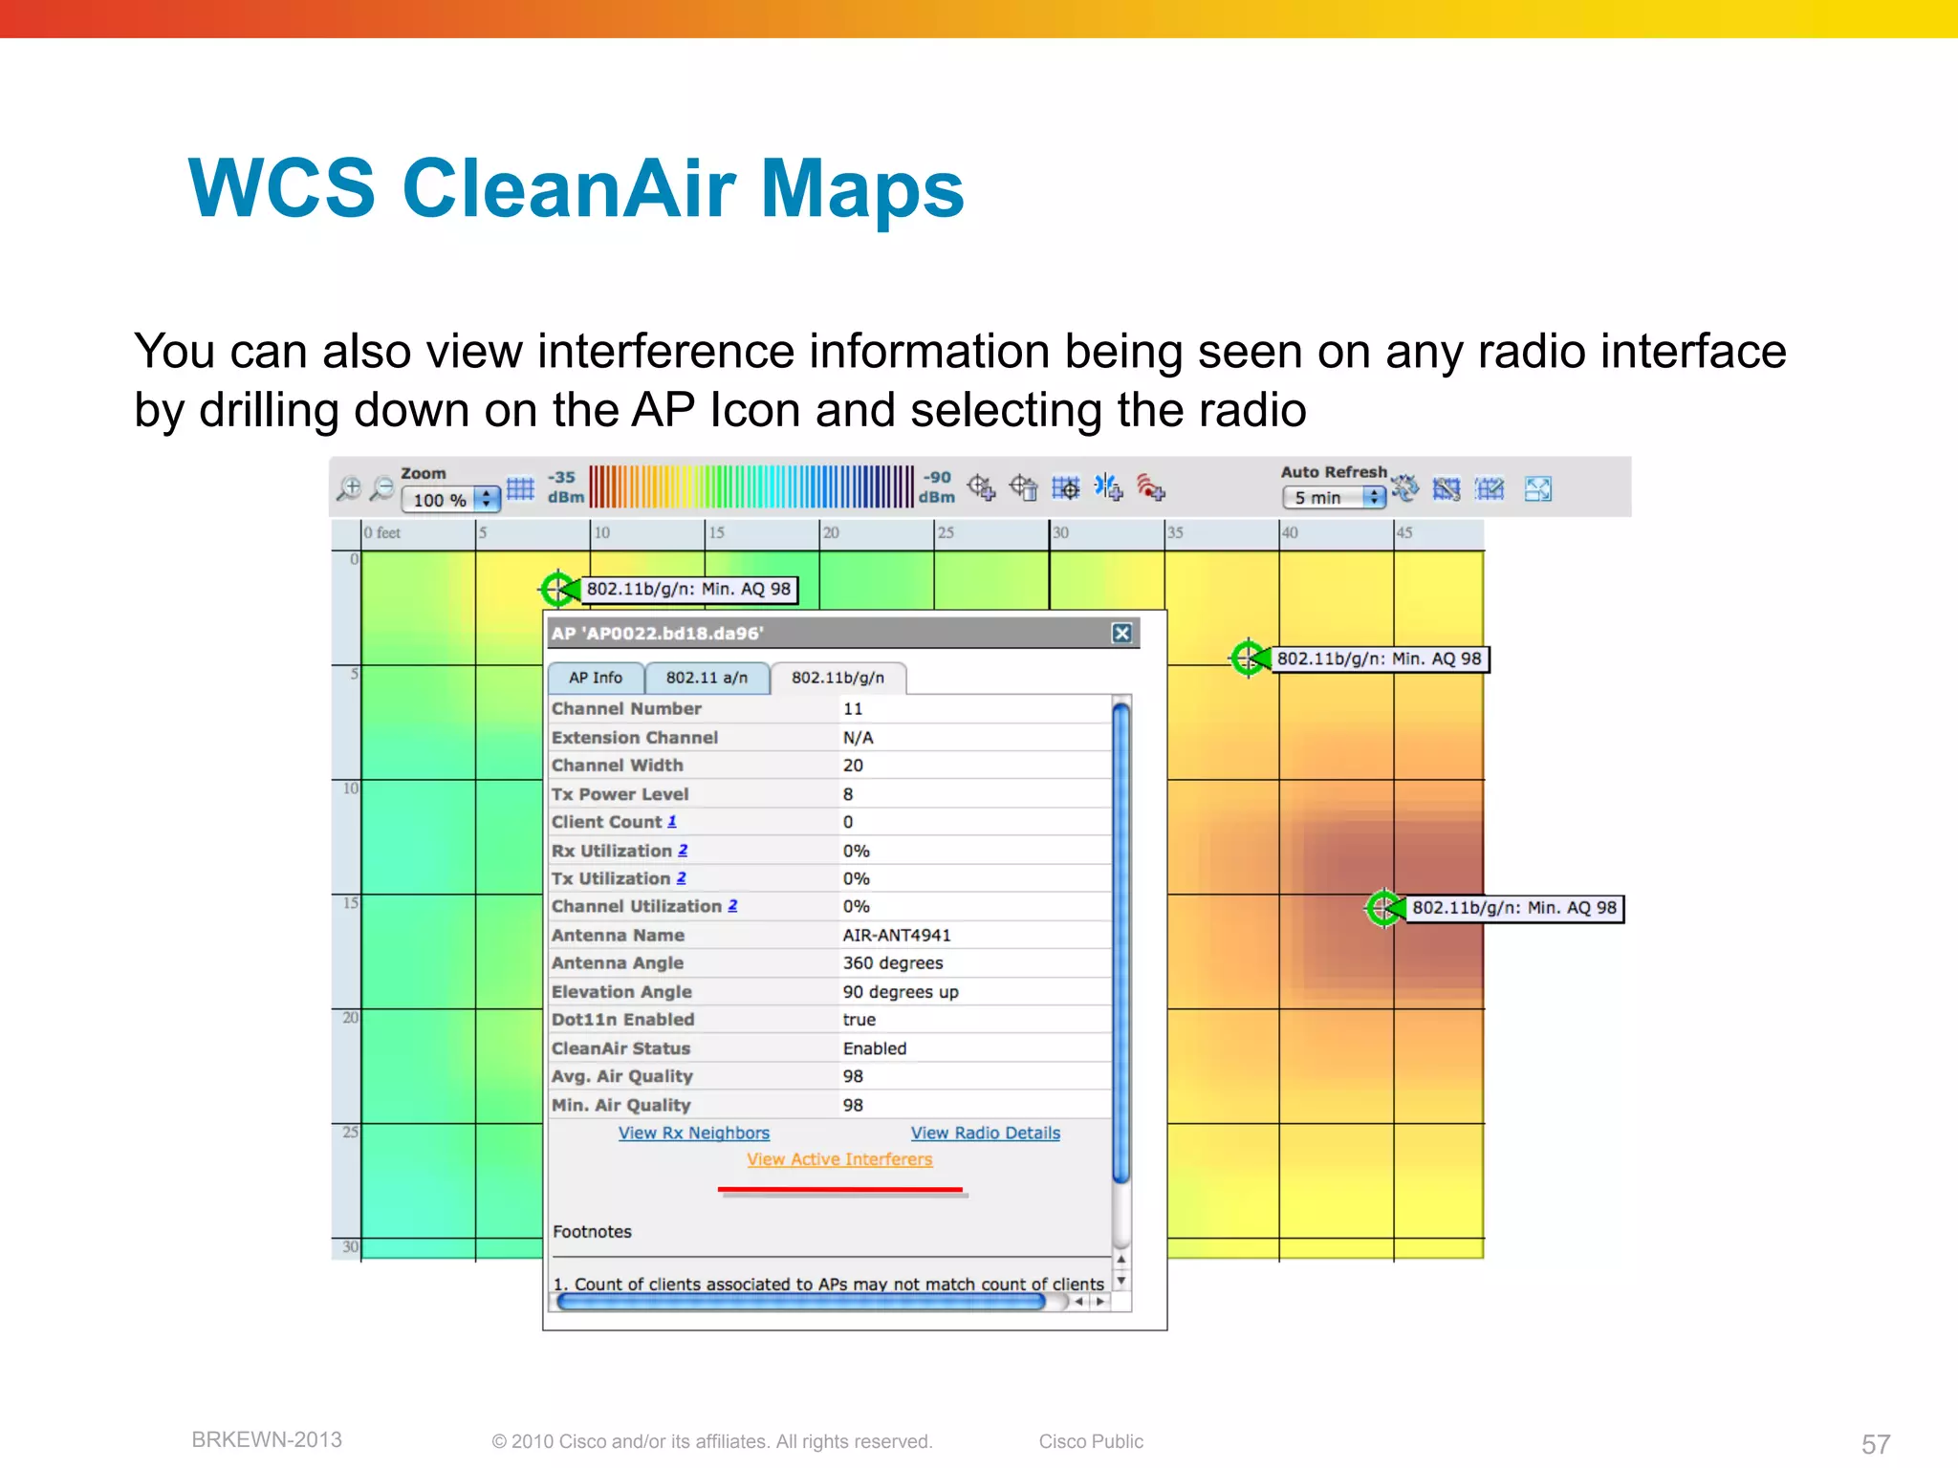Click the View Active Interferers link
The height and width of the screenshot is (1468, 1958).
pos(839,1159)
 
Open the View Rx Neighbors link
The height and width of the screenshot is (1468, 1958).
pos(693,1133)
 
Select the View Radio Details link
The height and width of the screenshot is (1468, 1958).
pos(985,1133)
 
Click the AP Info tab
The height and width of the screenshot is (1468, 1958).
pos(595,678)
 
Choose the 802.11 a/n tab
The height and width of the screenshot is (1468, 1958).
pos(707,678)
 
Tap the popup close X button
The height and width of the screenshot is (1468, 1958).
pos(1122,633)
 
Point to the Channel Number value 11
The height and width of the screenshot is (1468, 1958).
pos(853,709)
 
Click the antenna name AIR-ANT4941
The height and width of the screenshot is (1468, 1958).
pos(897,935)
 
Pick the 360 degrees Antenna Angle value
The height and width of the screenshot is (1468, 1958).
pos(893,963)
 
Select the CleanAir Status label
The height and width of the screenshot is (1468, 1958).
pos(620,1048)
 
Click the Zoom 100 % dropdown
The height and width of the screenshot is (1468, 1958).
pos(450,499)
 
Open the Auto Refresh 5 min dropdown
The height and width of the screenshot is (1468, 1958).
pos(1334,497)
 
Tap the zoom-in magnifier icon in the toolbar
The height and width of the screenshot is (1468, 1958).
pos(349,488)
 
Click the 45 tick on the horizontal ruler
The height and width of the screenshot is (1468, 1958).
pos(1403,532)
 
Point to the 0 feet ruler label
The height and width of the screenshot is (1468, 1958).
pos(381,532)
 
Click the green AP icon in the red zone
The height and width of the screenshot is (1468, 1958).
pos(1382,908)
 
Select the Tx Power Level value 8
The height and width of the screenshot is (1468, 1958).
pos(848,794)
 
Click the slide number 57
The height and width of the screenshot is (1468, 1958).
pos(1875,1443)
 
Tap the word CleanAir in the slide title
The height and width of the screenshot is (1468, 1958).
pos(568,188)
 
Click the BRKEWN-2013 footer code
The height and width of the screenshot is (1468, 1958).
pos(267,1439)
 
